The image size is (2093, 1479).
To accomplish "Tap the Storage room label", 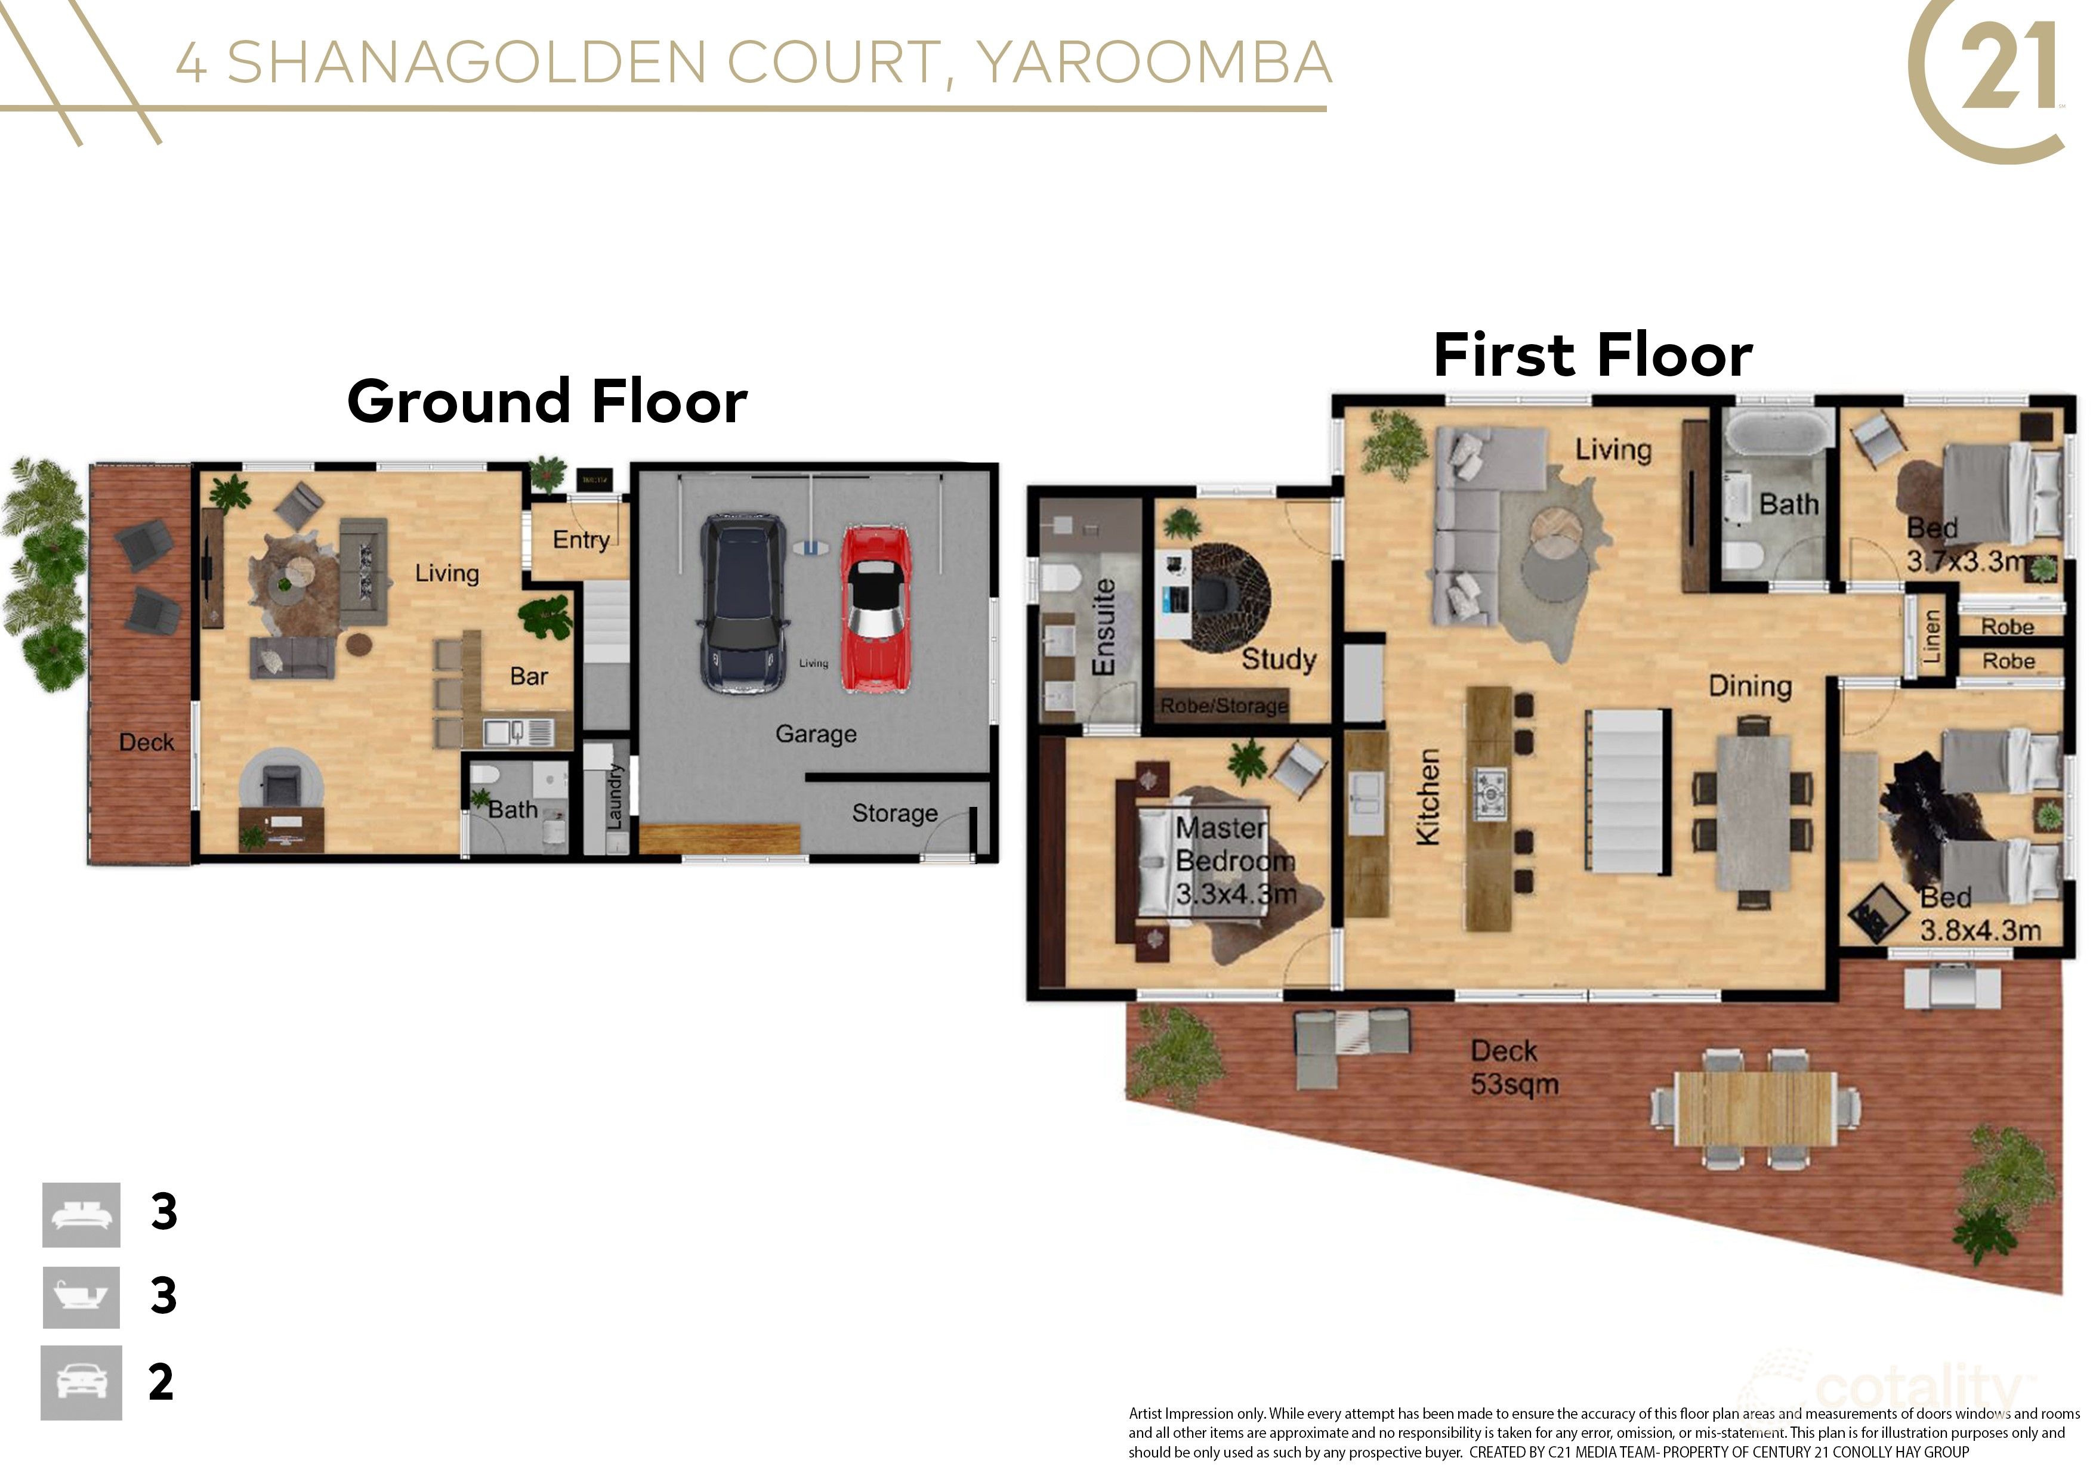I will (894, 813).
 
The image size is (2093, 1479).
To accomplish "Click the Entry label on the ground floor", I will (581, 540).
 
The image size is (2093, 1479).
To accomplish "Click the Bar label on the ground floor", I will (529, 676).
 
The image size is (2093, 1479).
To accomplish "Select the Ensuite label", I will (1103, 626).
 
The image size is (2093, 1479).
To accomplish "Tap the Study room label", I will (1278, 659).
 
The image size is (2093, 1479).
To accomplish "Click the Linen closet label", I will (1931, 636).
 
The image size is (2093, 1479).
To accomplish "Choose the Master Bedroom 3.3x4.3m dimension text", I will (1235, 894).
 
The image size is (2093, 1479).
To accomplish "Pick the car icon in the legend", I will (81, 1382).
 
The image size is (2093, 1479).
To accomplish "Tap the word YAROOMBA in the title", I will (1153, 62).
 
